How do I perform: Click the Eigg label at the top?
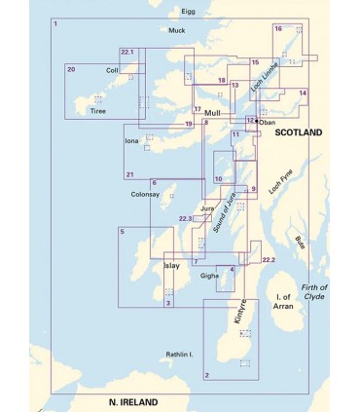[188, 13]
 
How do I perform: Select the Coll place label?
[113, 70]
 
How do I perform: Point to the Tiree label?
[97, 111]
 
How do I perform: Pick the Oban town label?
[268, 123]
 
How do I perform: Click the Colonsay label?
[143, 193]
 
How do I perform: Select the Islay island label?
[171, 265]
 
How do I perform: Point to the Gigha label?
[209, 276]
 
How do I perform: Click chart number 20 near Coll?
[72, 69]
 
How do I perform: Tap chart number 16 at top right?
[278, 29]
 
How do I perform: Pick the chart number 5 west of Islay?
[123, 231]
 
